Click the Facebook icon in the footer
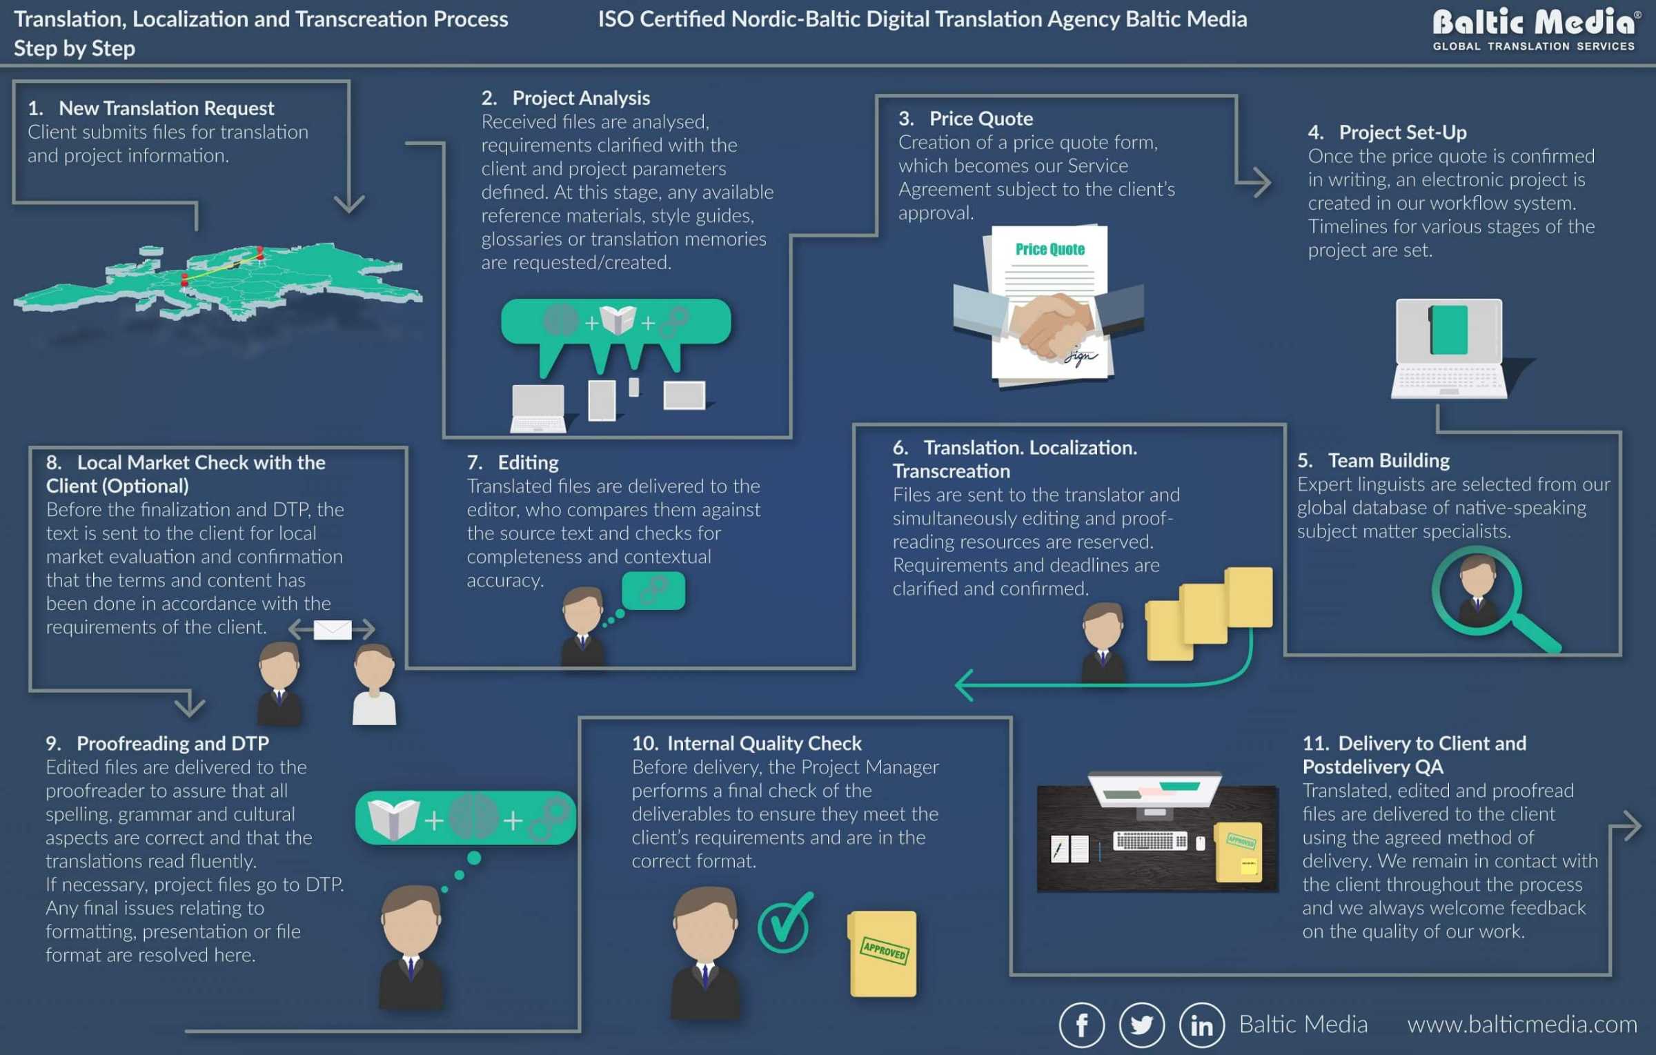[1081, 1025]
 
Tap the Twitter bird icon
[1141, 1025]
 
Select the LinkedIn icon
[1201, 1025]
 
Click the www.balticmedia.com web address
[1521, 1025]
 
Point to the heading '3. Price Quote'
[966, 119]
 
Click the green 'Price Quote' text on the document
[1049, 249]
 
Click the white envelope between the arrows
[333, 629]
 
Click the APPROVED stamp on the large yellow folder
[884, 951]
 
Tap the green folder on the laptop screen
[1449, 330]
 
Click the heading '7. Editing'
[513, 462]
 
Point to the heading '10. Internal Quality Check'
[747, 743]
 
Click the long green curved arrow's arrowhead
[965, 684]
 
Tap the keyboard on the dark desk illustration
[1150, 840]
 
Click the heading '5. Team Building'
[1373, 460]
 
